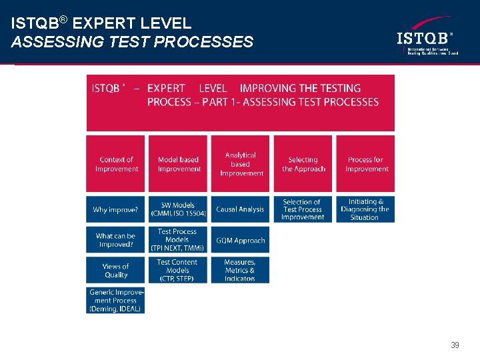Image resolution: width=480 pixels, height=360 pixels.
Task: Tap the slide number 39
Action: click(x=455, y=345)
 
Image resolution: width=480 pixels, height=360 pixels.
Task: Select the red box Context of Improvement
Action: click(x=115, y=164)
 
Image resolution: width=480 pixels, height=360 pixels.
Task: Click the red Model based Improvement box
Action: click(x=178, y=164)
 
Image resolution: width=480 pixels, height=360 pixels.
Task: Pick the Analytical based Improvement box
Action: click(x=241, y=164)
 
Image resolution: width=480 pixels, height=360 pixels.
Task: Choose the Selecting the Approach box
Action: click(x=303, y=164)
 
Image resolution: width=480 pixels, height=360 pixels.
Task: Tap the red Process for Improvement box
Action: click(x=365, y=164)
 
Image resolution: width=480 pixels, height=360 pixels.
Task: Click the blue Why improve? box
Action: click(x=115, y=209)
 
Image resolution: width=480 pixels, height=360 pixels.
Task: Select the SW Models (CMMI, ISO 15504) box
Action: click(x=178, y=209)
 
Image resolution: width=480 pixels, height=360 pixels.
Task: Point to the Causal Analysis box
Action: click(x=241, y=209)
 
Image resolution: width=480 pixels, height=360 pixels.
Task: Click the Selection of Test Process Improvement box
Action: click(x=303, y=209)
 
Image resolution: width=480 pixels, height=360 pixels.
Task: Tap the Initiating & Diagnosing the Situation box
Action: click(x=365, y=209)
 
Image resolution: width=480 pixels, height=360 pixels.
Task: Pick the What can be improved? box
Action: click(x=115, y=240)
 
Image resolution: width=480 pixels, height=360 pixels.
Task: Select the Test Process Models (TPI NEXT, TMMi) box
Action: click(x=178, y=240)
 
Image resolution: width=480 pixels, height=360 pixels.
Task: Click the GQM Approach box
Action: click(x=241, y=240)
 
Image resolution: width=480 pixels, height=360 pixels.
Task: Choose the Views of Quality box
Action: click(x=115, y=270)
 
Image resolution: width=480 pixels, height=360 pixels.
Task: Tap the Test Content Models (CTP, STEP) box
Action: click(x=178, y=270)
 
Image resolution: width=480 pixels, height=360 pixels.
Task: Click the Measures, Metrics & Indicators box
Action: click(x=241, y=270)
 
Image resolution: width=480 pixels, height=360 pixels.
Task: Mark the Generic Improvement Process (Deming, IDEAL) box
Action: click(x=115, y=300)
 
